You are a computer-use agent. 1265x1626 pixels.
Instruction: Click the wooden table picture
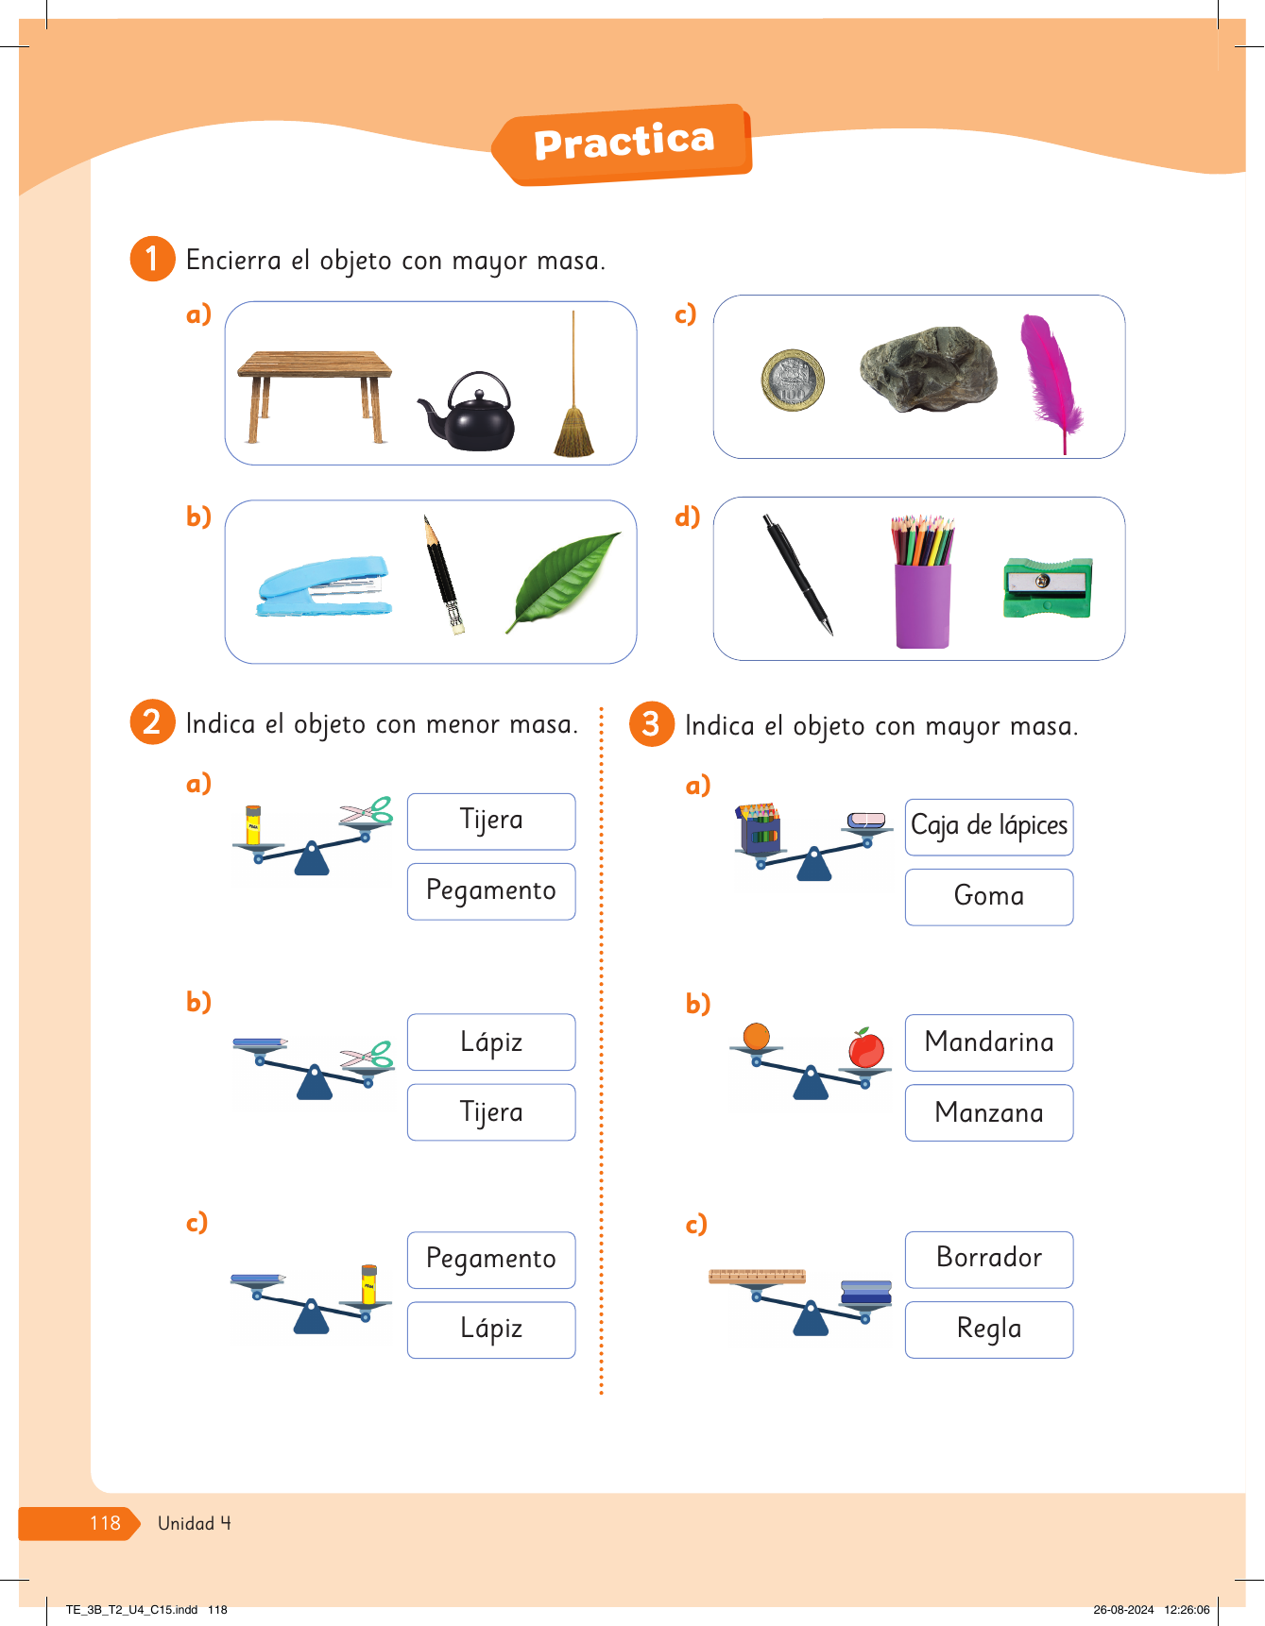315,397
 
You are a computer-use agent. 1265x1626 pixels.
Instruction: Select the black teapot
469,412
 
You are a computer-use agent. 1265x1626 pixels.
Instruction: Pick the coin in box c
793,380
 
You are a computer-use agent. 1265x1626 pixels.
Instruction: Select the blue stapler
324,585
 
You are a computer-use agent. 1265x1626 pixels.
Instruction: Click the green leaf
564,581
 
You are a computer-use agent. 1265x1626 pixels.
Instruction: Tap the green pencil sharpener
1048,586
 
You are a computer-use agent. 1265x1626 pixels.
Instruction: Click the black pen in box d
798,574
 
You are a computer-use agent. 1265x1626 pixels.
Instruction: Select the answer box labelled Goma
989,896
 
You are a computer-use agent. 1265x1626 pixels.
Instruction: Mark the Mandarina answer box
989,1042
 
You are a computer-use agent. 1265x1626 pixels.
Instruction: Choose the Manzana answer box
989,1112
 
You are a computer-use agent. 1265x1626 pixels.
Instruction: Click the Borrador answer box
989,1259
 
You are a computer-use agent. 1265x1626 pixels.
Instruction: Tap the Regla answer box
989,1330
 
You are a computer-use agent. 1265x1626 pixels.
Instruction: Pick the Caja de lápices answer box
989,827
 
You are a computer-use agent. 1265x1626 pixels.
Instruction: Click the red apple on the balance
865,1048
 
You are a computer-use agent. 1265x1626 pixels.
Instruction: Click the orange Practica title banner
623,144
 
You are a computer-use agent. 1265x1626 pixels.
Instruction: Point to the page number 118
105,1523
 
